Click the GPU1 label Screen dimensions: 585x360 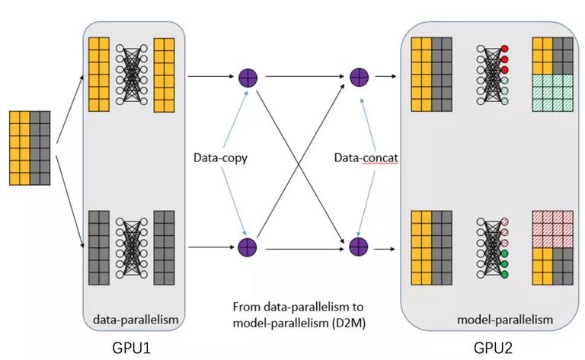131,348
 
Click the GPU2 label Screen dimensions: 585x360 494,348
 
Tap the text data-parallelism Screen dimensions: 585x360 136,320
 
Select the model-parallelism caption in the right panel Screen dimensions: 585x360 505,320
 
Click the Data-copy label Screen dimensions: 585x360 220,158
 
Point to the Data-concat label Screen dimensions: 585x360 366,158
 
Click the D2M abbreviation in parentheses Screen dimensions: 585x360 348,323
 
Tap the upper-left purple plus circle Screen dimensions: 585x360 248,78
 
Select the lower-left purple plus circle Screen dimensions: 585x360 248,247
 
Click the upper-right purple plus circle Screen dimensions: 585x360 359,78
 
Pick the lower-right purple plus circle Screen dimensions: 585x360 359,247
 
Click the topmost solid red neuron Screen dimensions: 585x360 505,49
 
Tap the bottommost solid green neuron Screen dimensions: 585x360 505,275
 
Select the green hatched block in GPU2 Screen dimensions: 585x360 552,93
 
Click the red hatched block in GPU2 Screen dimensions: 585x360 552,229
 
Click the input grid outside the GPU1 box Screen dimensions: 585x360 30,148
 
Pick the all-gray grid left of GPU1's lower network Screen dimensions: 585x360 99,248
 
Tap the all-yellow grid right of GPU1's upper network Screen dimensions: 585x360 165,75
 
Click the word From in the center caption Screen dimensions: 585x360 247,307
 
